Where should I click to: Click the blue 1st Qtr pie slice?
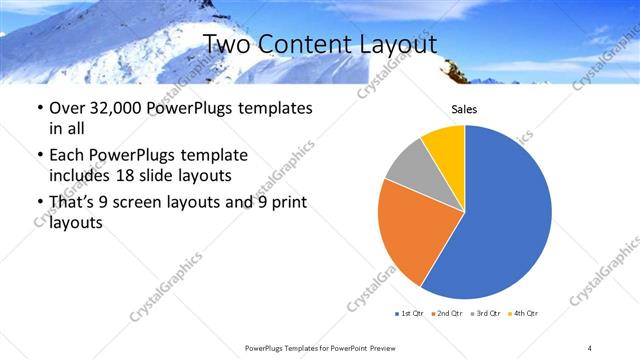505,215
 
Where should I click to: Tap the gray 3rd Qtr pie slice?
407,169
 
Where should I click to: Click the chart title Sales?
464,109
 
